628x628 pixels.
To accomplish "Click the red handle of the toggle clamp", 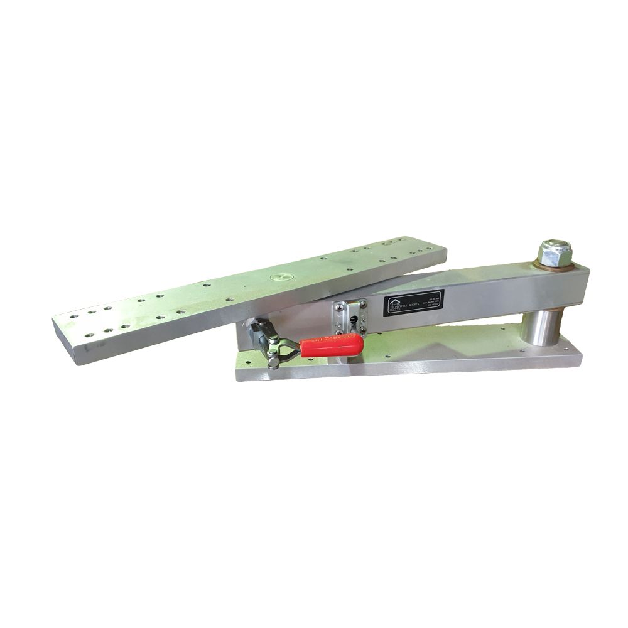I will [333, 345].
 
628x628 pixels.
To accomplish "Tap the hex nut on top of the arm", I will [555, 252].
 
